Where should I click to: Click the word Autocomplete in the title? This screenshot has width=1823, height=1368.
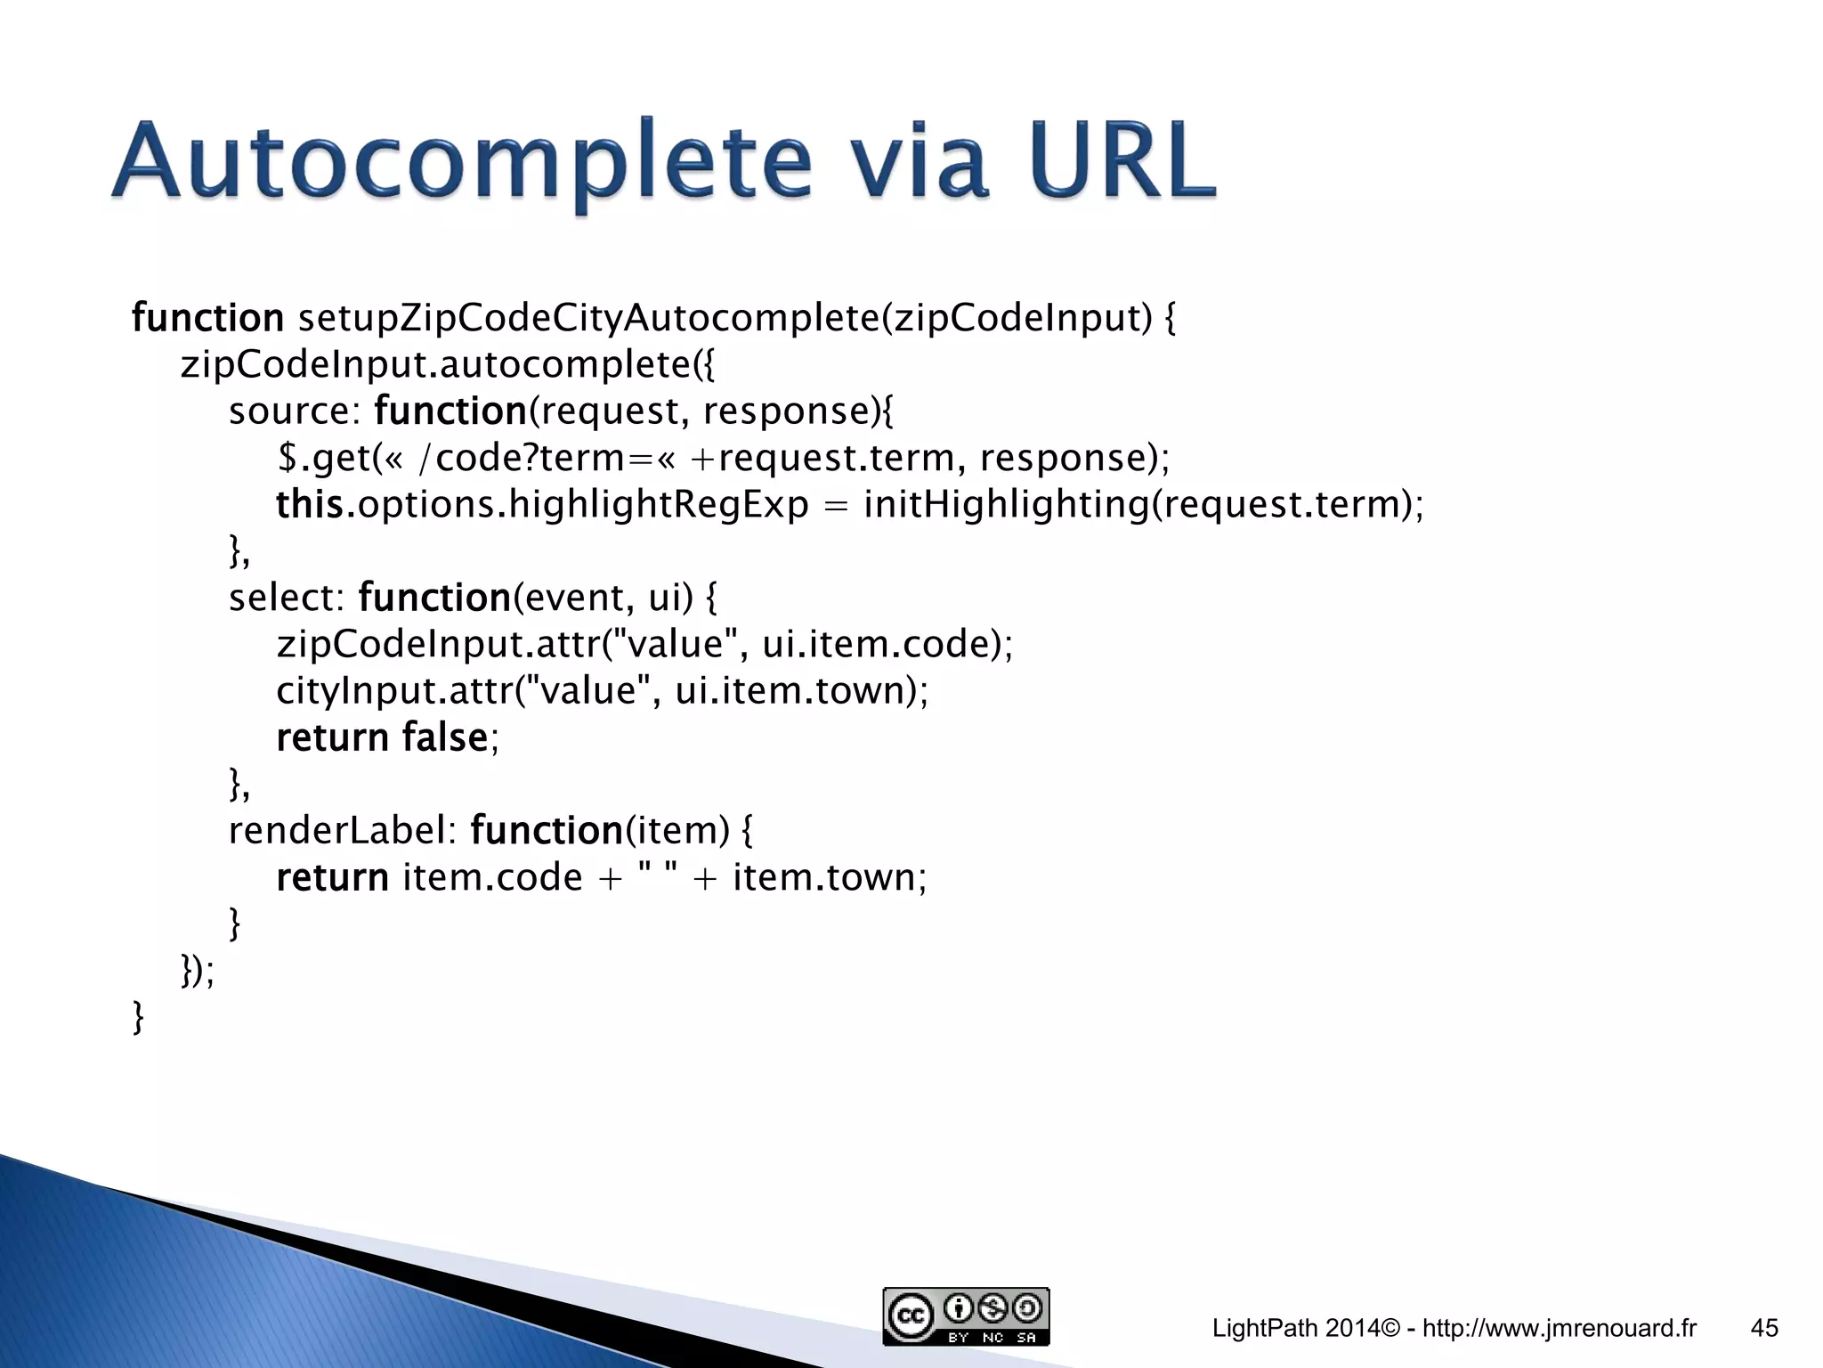click(x=462, y=163)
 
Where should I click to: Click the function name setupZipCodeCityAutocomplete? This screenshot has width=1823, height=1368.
click(x=587, y=318)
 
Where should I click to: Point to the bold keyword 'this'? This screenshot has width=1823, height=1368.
click(x=310, y=504)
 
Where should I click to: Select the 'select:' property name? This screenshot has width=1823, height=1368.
click(x=286, y=598)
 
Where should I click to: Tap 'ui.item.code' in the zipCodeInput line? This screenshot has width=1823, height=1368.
click(x=876, y=644)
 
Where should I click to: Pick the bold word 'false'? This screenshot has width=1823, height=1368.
click(x=444, y=737)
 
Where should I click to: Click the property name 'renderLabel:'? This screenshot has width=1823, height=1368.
click(x=342, y=831)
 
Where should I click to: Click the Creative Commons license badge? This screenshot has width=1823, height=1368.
click(x=966, y=1316)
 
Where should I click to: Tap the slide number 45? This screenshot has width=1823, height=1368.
click(x=1764, y=1328)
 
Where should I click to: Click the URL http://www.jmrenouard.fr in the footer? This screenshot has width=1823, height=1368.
click(x=1560, y=1328)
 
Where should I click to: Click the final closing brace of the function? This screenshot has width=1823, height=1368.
click(x=138, y=1017)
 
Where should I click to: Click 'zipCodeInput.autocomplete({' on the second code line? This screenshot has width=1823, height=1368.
click(x=447, y=364)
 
